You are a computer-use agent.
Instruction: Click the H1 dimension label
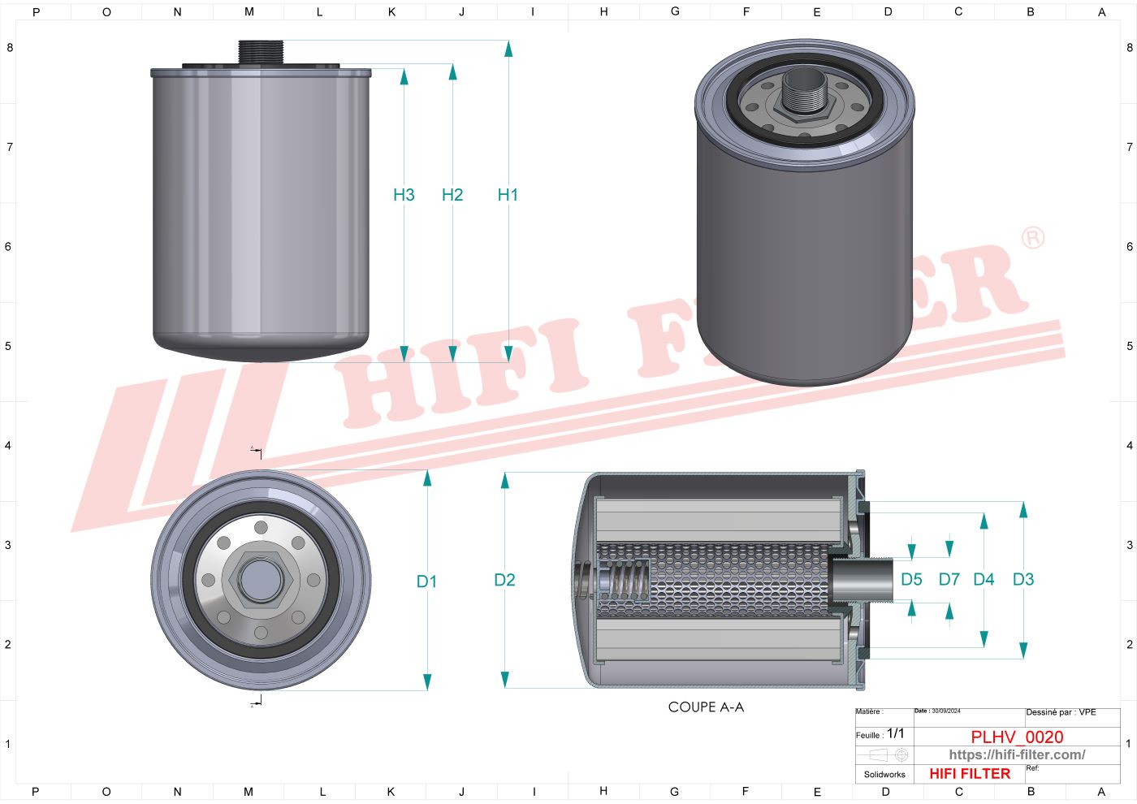click(508, 195)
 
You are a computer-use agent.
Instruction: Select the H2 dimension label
click(452, 195)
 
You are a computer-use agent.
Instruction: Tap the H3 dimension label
click(404, 195)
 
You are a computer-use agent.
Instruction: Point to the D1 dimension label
click(426, 581)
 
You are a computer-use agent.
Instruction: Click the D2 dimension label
click(504, 580)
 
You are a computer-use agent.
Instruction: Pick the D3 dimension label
click(1023, 580)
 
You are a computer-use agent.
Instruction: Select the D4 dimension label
click(984, 580)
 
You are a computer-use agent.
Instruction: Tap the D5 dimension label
click(911, 580)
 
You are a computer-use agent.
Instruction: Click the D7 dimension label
click(949, 580)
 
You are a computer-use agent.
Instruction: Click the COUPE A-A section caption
click(706, 707)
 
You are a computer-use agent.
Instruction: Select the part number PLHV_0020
click(1017, 737)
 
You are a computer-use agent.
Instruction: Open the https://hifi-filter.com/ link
click(1017, 755)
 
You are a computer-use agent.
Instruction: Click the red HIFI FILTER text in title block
click(970, 774)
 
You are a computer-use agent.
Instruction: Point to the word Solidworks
click(884, 775)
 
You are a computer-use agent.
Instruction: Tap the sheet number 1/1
click(895, 733)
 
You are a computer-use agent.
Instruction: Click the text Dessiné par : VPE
click(1061, 712)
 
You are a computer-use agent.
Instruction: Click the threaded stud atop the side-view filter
click(260, 51)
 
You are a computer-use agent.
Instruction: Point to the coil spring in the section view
click(631, 580)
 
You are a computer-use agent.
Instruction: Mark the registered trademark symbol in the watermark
click(1032, 238)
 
